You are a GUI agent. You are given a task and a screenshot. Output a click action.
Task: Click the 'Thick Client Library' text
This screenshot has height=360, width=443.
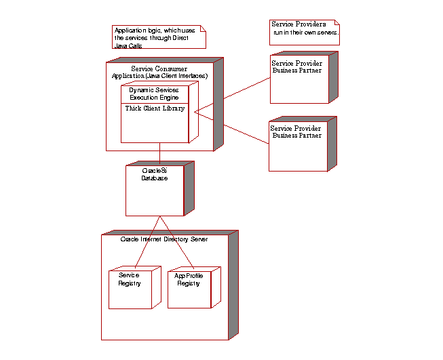click(155, 108)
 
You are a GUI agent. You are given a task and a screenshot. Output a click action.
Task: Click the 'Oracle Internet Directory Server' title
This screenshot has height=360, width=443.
click(163, 239)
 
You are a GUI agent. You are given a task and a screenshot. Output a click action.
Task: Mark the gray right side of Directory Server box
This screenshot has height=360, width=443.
click(233, 285)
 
